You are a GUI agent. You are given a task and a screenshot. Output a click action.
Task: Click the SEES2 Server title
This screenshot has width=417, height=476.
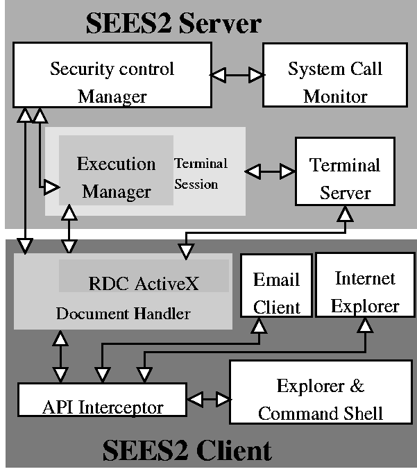click(173, 23)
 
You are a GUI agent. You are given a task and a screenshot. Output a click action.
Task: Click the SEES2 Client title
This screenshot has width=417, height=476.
click(187, 451)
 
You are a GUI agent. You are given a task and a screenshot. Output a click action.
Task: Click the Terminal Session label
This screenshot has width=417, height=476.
click(201, 173)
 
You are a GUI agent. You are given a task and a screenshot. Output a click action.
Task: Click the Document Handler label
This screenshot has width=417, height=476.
click(123, 314)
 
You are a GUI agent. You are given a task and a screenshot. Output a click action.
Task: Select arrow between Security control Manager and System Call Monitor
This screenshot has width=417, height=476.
click(237, 74)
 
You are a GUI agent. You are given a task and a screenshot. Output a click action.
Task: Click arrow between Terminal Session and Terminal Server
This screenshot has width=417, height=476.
click(270, 170)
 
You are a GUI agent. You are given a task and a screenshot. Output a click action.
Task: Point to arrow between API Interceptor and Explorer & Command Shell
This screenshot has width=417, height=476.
click(208, 399)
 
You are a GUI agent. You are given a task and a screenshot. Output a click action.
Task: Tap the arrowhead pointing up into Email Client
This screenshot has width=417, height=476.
click(258, 324)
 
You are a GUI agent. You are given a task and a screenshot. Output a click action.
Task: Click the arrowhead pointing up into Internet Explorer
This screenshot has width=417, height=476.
click(361, 324)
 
